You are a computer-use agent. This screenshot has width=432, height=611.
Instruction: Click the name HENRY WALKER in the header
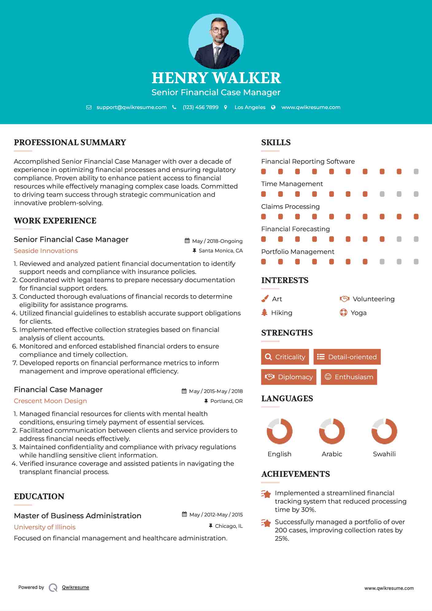216,78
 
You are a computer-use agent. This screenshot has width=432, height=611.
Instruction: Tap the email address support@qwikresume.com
131,107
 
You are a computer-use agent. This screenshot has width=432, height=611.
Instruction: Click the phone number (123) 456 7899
200,107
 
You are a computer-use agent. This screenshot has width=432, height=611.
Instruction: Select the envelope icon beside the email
89,107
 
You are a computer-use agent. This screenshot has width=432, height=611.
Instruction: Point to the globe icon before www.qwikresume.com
273,107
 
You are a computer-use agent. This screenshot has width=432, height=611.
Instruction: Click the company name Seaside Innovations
46,251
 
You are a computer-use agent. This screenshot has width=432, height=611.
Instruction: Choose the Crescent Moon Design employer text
50,401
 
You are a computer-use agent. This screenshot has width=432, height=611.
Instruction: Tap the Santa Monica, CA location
220,251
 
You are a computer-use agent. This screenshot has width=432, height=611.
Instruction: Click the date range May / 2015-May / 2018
216,391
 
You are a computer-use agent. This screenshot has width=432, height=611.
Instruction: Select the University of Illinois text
45,527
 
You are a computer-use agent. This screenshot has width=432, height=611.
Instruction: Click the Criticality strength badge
285,357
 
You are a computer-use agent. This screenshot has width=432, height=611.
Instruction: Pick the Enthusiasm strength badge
349,377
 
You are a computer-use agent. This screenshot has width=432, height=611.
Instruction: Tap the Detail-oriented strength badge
347,357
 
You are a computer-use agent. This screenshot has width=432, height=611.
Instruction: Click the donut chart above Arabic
332,431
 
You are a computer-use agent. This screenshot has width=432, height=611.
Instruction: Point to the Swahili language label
384,454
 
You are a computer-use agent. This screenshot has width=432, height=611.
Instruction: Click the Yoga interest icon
344,313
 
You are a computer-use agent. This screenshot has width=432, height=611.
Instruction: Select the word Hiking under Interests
282,313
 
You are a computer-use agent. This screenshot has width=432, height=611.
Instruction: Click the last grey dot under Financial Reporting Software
416,172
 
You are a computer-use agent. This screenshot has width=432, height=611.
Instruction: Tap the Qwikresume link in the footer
76,587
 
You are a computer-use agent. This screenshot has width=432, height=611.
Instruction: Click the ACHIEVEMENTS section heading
295,474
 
